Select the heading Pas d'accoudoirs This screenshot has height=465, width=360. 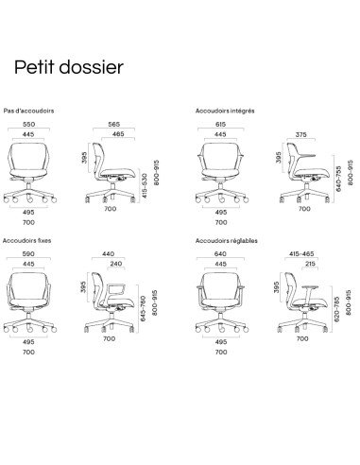click(x=29, y=111)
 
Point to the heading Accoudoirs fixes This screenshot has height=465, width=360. click(x=26, y=241)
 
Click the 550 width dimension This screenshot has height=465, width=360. click(x=30, y=124)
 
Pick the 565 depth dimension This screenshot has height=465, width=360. click(x=115, y=124)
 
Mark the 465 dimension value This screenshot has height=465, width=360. click(x=118, y=134)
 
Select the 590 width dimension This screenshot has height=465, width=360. click(x=30, y=253)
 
